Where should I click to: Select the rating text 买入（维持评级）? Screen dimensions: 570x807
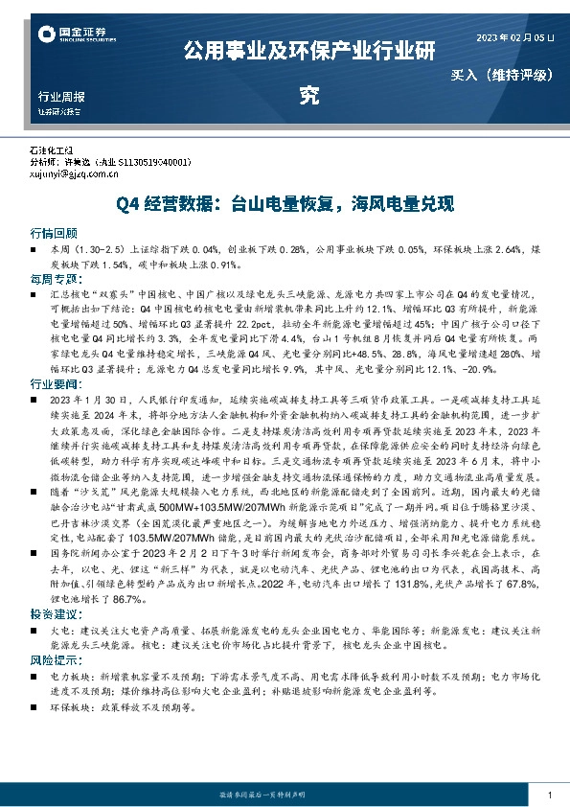(503, 74)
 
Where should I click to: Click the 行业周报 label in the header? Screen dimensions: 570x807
(62, 97)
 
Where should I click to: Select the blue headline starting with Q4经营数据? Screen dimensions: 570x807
(285, 204)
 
